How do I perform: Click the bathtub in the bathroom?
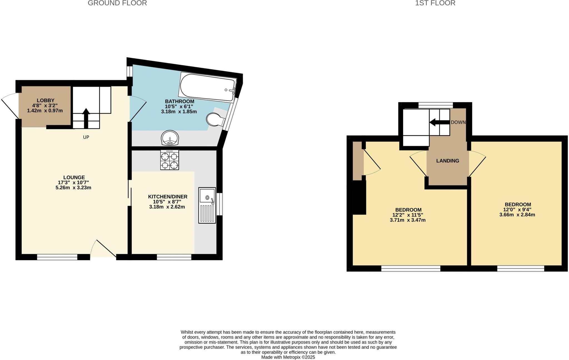208,87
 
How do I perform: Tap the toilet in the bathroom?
216,120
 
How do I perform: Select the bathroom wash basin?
170,138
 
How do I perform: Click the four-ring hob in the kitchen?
169,160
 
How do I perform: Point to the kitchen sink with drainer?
207,205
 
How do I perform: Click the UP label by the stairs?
86,137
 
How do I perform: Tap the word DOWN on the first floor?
458,122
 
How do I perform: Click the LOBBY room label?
46,100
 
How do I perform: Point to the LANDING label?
447,161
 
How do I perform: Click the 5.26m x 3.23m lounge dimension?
73,188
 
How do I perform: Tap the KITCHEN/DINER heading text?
168,197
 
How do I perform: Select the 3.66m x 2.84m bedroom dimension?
517,215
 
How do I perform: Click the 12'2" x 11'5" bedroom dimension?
408,215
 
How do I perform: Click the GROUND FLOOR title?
117,3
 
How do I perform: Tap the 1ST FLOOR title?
435,3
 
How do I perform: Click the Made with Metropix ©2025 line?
288,357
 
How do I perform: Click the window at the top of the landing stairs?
435,105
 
